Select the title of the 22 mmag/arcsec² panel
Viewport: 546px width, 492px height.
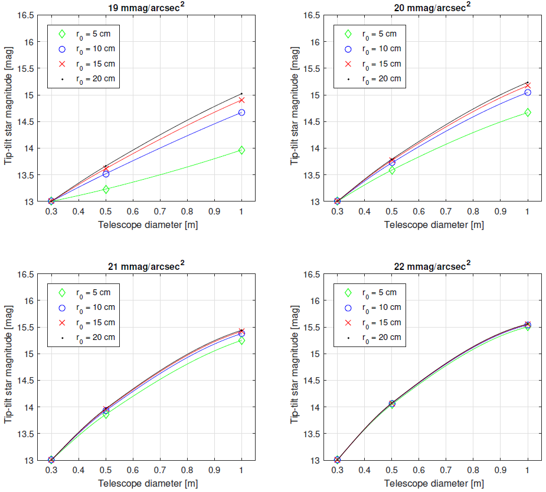pos(432,267)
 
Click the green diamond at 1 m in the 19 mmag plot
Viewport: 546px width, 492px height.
pos(241,150)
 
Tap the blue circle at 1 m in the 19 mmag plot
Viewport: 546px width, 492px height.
pos(241,113)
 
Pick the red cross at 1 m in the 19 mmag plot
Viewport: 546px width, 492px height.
pos(241,100)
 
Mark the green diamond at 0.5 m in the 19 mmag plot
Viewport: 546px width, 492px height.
pos(106,189)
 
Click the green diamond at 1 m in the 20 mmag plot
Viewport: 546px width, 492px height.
pos(528,112)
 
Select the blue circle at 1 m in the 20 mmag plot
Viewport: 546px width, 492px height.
pos(528,93)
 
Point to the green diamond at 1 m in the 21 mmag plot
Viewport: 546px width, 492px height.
pos(241,341)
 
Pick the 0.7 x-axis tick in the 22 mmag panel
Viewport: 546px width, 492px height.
pos(446,471)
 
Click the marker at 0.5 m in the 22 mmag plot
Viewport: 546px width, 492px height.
pos(391,404)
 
